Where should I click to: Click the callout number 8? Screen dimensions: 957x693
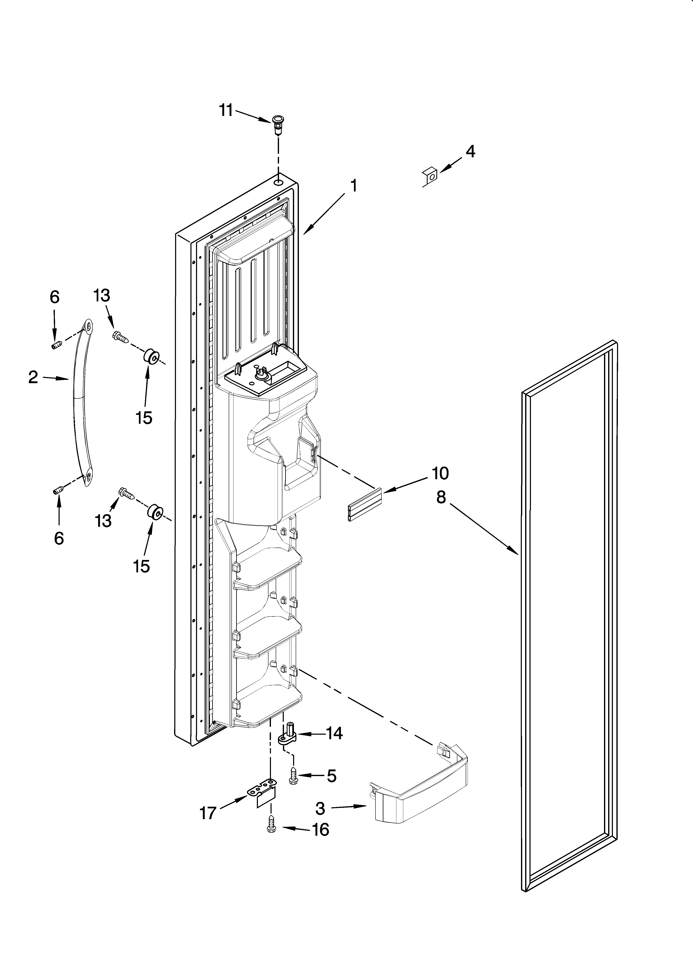(x=441, y=497)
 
